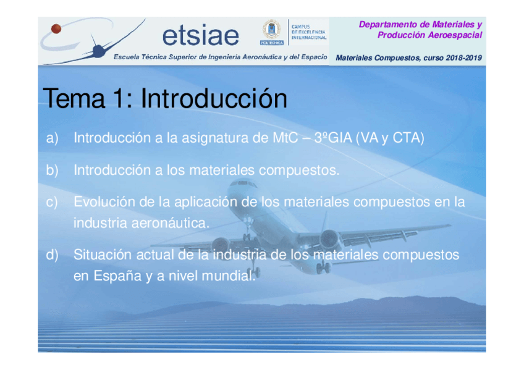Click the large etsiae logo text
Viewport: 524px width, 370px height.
(x=201, y=35)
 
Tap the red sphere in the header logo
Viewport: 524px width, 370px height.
(x=56, y=28)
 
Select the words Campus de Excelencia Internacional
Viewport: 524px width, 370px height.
(x=308, y=32)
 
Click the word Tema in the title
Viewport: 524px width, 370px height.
(x=74, y=98)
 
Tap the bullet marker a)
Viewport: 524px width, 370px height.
(x=53, y=138)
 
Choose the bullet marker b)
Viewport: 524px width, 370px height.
(x=53, y=170)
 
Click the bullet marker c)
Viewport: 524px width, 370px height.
(x=52, y=203)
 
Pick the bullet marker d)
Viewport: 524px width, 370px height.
(x=53, y=254)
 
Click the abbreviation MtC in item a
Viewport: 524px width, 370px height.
(x=285, y=138)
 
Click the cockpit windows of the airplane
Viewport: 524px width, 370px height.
(x=243, y=183)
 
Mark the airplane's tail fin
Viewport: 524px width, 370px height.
(x=324, y=221)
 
